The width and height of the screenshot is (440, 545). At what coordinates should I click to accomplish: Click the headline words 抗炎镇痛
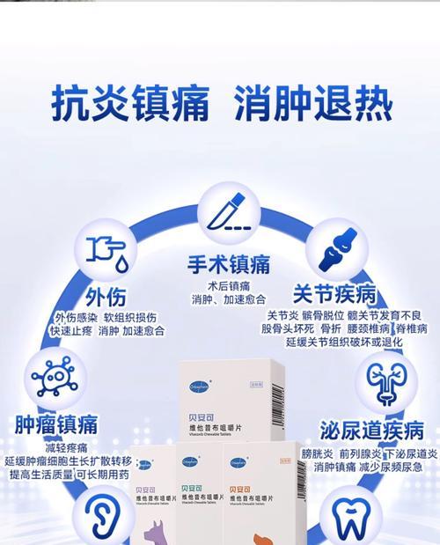pos(129,105)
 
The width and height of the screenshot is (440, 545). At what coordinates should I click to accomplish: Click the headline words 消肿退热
pos(312,105)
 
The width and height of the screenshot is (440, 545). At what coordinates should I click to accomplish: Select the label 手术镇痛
pos(228,264)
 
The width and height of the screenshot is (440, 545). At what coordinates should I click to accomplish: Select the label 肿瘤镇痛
pos(56,425)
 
